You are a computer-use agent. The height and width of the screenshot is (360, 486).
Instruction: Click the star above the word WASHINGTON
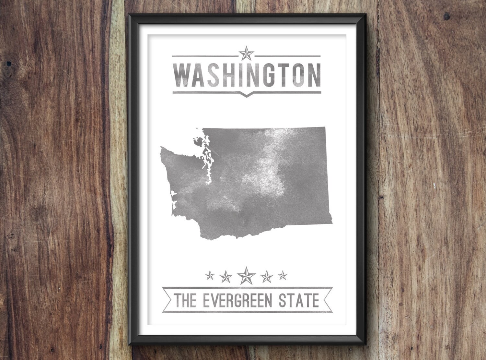pos(246,53)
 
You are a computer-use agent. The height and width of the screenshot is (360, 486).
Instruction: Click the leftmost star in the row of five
pos(210,276)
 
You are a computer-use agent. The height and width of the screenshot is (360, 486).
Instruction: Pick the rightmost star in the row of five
pos(283,275)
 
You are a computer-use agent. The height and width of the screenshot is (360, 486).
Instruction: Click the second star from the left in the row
pos(226,276)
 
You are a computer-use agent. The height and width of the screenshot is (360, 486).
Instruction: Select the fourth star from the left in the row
pos(267,276)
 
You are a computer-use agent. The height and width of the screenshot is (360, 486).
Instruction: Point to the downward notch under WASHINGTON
pos(247,95)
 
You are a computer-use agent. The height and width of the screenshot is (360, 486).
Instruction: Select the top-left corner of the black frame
pos(130,16)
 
